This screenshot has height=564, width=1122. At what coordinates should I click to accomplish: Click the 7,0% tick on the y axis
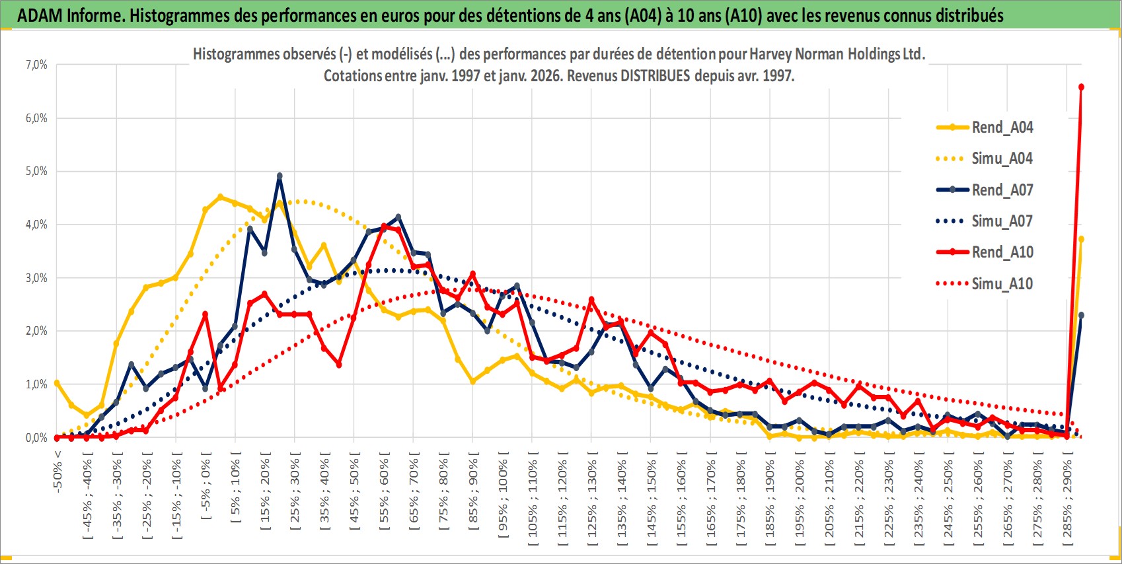click(x=36, y=65)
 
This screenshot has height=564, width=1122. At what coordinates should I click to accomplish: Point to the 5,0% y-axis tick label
click(x=36, y=171)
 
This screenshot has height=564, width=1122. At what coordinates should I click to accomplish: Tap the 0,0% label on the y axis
click(x=36, y=438)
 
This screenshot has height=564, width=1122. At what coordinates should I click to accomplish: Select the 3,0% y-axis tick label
click(x=36, y=278)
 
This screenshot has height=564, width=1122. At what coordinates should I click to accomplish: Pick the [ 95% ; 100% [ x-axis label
click(x=504, y=495)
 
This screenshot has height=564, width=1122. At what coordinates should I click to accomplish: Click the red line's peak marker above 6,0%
click(x=1081, y=87)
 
